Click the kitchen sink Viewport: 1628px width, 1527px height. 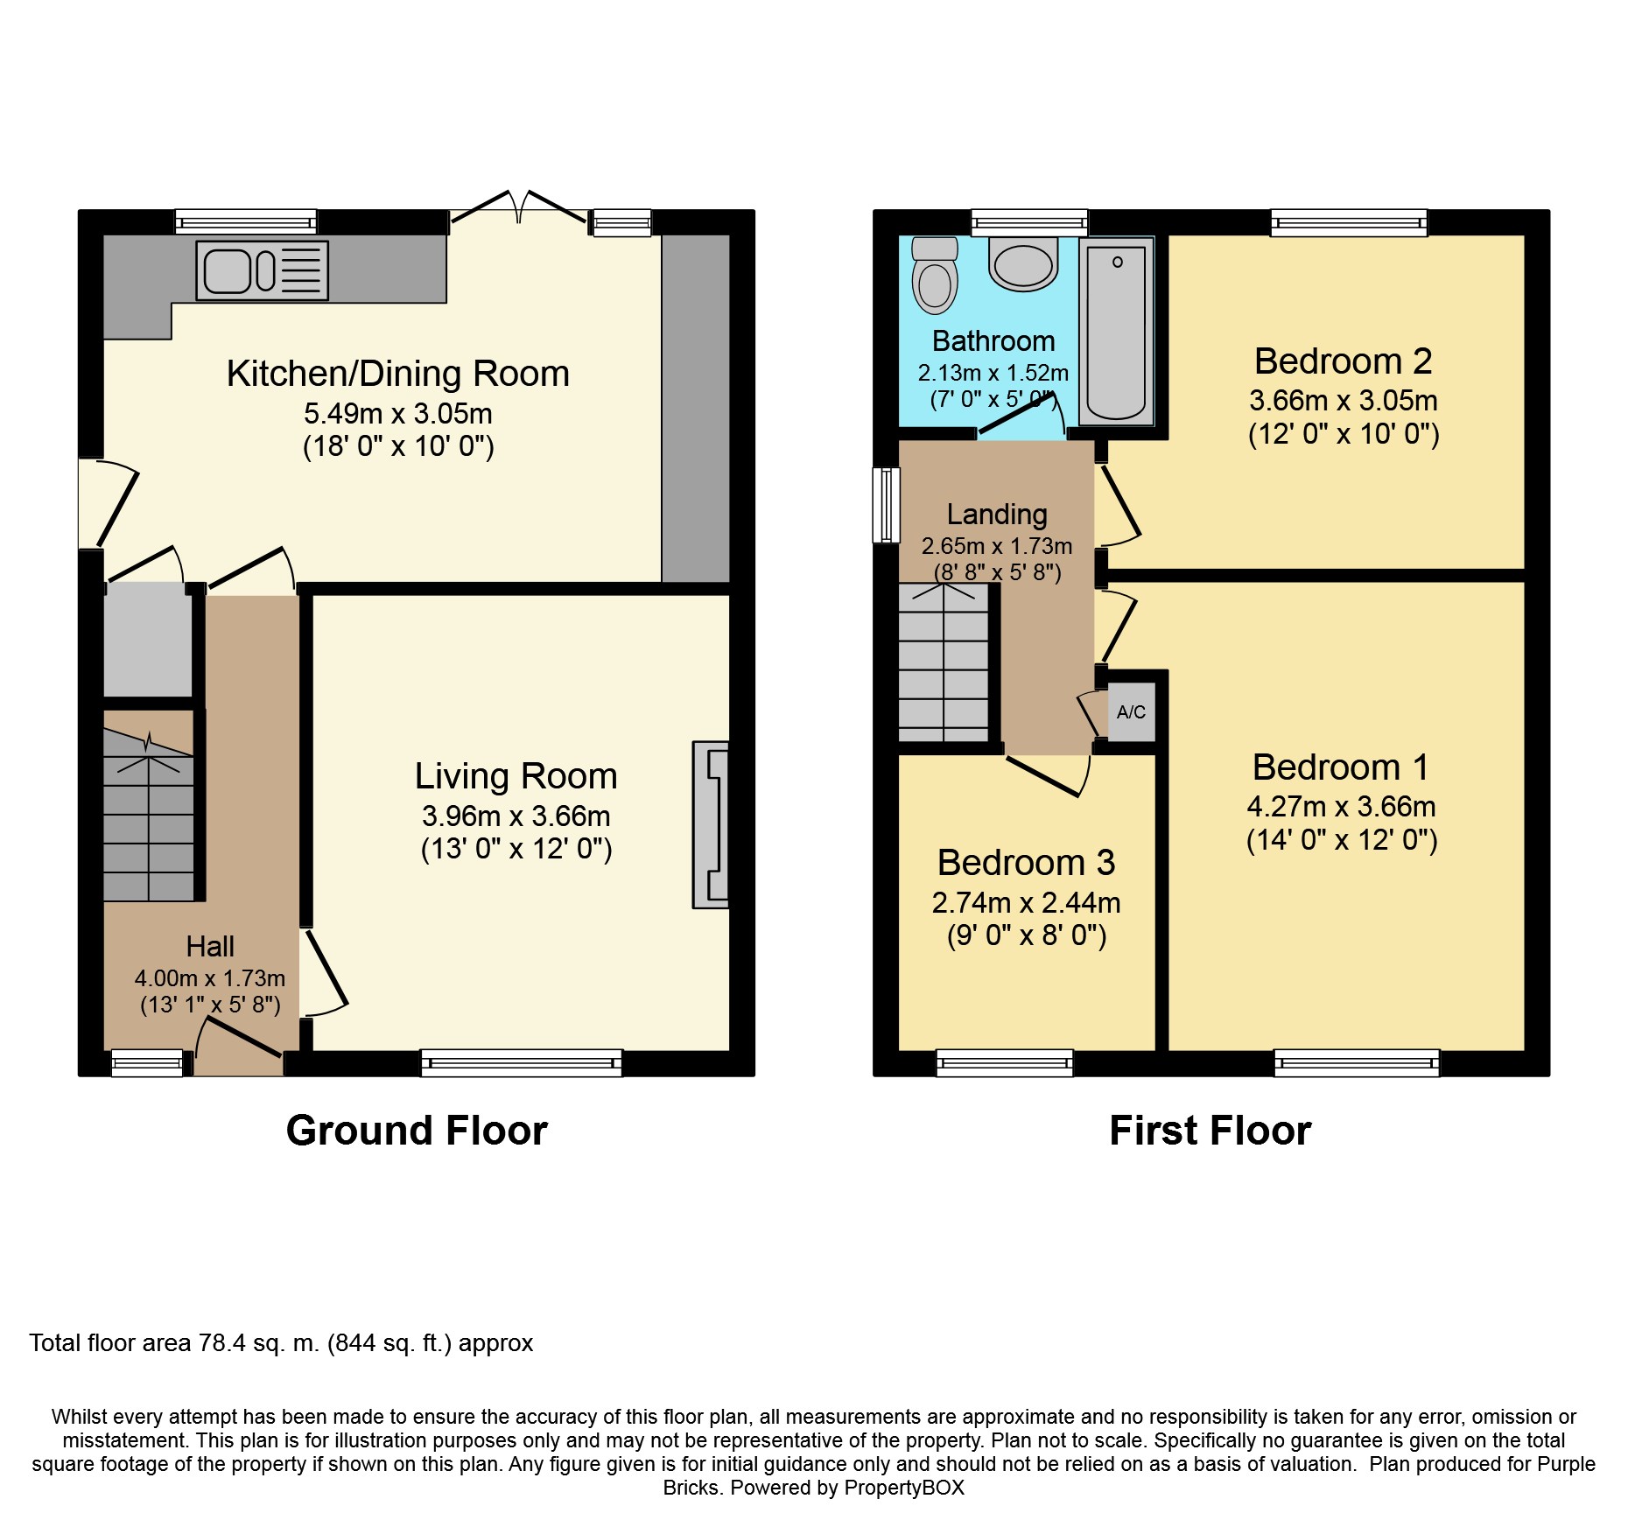tap(262, 270)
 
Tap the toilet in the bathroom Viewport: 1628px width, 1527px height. tap(935, 275)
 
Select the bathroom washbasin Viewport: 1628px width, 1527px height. tap(1023, 263)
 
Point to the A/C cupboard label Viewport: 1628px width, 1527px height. tap(1131, 712)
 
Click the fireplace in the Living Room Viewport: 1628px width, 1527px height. tap(711, 825)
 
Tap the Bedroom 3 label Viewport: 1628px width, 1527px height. tap(1026, 863)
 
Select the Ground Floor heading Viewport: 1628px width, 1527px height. tap(417, 1131)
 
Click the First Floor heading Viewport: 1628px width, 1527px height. tap(1210, 1131)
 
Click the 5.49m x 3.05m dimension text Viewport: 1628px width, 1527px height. tap(398, 413)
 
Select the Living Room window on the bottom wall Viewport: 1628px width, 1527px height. tap(522, 1063)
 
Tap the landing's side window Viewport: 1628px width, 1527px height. tap(887, 505)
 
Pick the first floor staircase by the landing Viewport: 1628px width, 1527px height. tap(944, 662)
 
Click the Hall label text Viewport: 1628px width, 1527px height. tap(210, 946)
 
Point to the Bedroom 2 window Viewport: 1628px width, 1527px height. tap(1349, 223)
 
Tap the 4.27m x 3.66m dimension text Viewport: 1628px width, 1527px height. tap(1342, 807)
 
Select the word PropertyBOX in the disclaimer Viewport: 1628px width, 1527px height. tap(905, 1488)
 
